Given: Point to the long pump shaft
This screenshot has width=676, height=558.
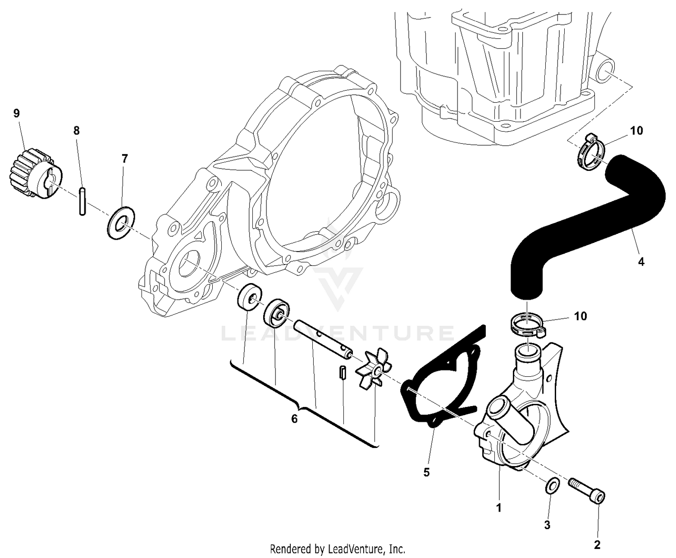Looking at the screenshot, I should (x=323, y=339).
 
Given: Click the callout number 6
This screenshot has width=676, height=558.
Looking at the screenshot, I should (x=294, y=419).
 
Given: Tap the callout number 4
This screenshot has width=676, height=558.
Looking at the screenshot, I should (x=641, y=261).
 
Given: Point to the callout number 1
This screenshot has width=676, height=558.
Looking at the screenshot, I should (x=498, y=508).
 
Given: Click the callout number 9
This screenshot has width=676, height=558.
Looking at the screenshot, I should (x=17, y=113).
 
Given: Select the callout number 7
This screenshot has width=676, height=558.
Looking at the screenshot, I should (x=125, y=158).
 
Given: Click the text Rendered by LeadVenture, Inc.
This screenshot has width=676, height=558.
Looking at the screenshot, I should (x=338, y=549).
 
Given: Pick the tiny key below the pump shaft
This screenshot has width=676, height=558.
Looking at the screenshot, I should (x=342, y=373).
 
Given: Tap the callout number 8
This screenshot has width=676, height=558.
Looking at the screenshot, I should (x=76, y=131).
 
